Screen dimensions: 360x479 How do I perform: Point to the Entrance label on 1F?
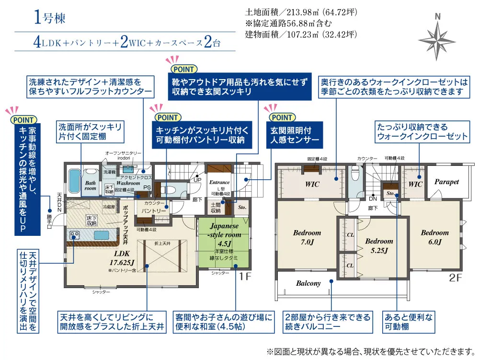220,182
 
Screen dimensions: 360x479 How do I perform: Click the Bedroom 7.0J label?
307,237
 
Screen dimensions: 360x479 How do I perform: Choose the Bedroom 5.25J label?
379,245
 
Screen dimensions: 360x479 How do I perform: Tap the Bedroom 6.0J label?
434,237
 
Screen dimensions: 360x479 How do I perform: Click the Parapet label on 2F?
446,182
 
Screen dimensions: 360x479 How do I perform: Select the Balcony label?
308,283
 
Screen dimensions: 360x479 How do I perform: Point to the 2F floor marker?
455,276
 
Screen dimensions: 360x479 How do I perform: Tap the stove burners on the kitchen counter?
75,235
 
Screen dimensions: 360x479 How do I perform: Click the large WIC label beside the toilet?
312,184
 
